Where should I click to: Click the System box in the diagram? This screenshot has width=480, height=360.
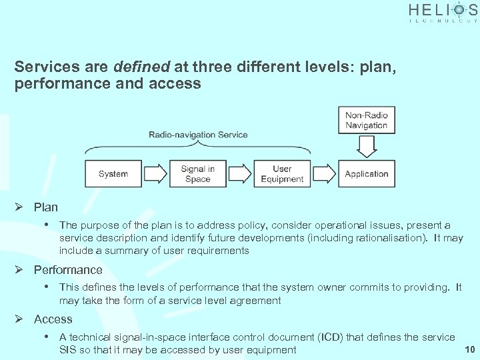click(113, 174)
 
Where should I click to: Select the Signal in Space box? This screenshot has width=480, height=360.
click(198, 174)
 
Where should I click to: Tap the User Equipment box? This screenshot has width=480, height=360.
click(282, 174)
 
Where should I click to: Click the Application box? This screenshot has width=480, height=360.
click(366, 174)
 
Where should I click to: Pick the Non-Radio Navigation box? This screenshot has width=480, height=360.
click(366, 120)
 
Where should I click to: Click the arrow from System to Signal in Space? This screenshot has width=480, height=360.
click(156, 174)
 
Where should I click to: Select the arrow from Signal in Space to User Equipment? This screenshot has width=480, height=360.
click(240, 174)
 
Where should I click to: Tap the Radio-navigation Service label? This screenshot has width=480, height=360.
click(198, 135)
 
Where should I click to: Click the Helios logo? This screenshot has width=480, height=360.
click(443, 12)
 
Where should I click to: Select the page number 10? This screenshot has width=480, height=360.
click(469, 349)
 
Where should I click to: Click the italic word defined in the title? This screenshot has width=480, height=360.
click(143, 67)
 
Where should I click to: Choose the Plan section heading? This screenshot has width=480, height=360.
click(46, 207)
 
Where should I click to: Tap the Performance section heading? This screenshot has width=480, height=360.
click(68, 270)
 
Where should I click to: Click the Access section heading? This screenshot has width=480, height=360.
click(53, 319)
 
